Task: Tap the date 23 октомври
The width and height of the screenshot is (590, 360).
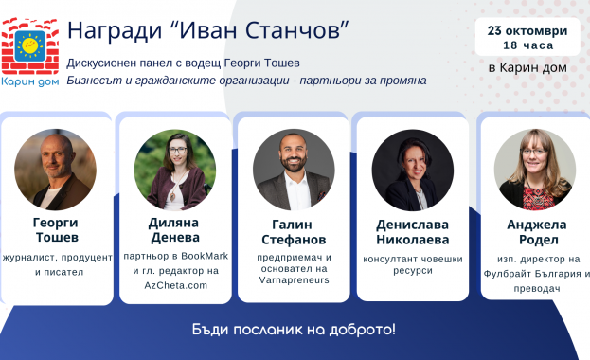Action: pos(527,30)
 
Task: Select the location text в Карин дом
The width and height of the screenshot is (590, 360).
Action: pos(527,67)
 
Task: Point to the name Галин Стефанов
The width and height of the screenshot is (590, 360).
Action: pos(294,231)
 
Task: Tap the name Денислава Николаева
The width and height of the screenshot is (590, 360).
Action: pos(412,233)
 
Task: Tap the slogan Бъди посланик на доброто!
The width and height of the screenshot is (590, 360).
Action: pos(294,330)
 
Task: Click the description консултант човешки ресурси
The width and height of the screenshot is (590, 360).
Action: pos(412,262)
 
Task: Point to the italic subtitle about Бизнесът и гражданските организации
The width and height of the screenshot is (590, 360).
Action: pos(246,81)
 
